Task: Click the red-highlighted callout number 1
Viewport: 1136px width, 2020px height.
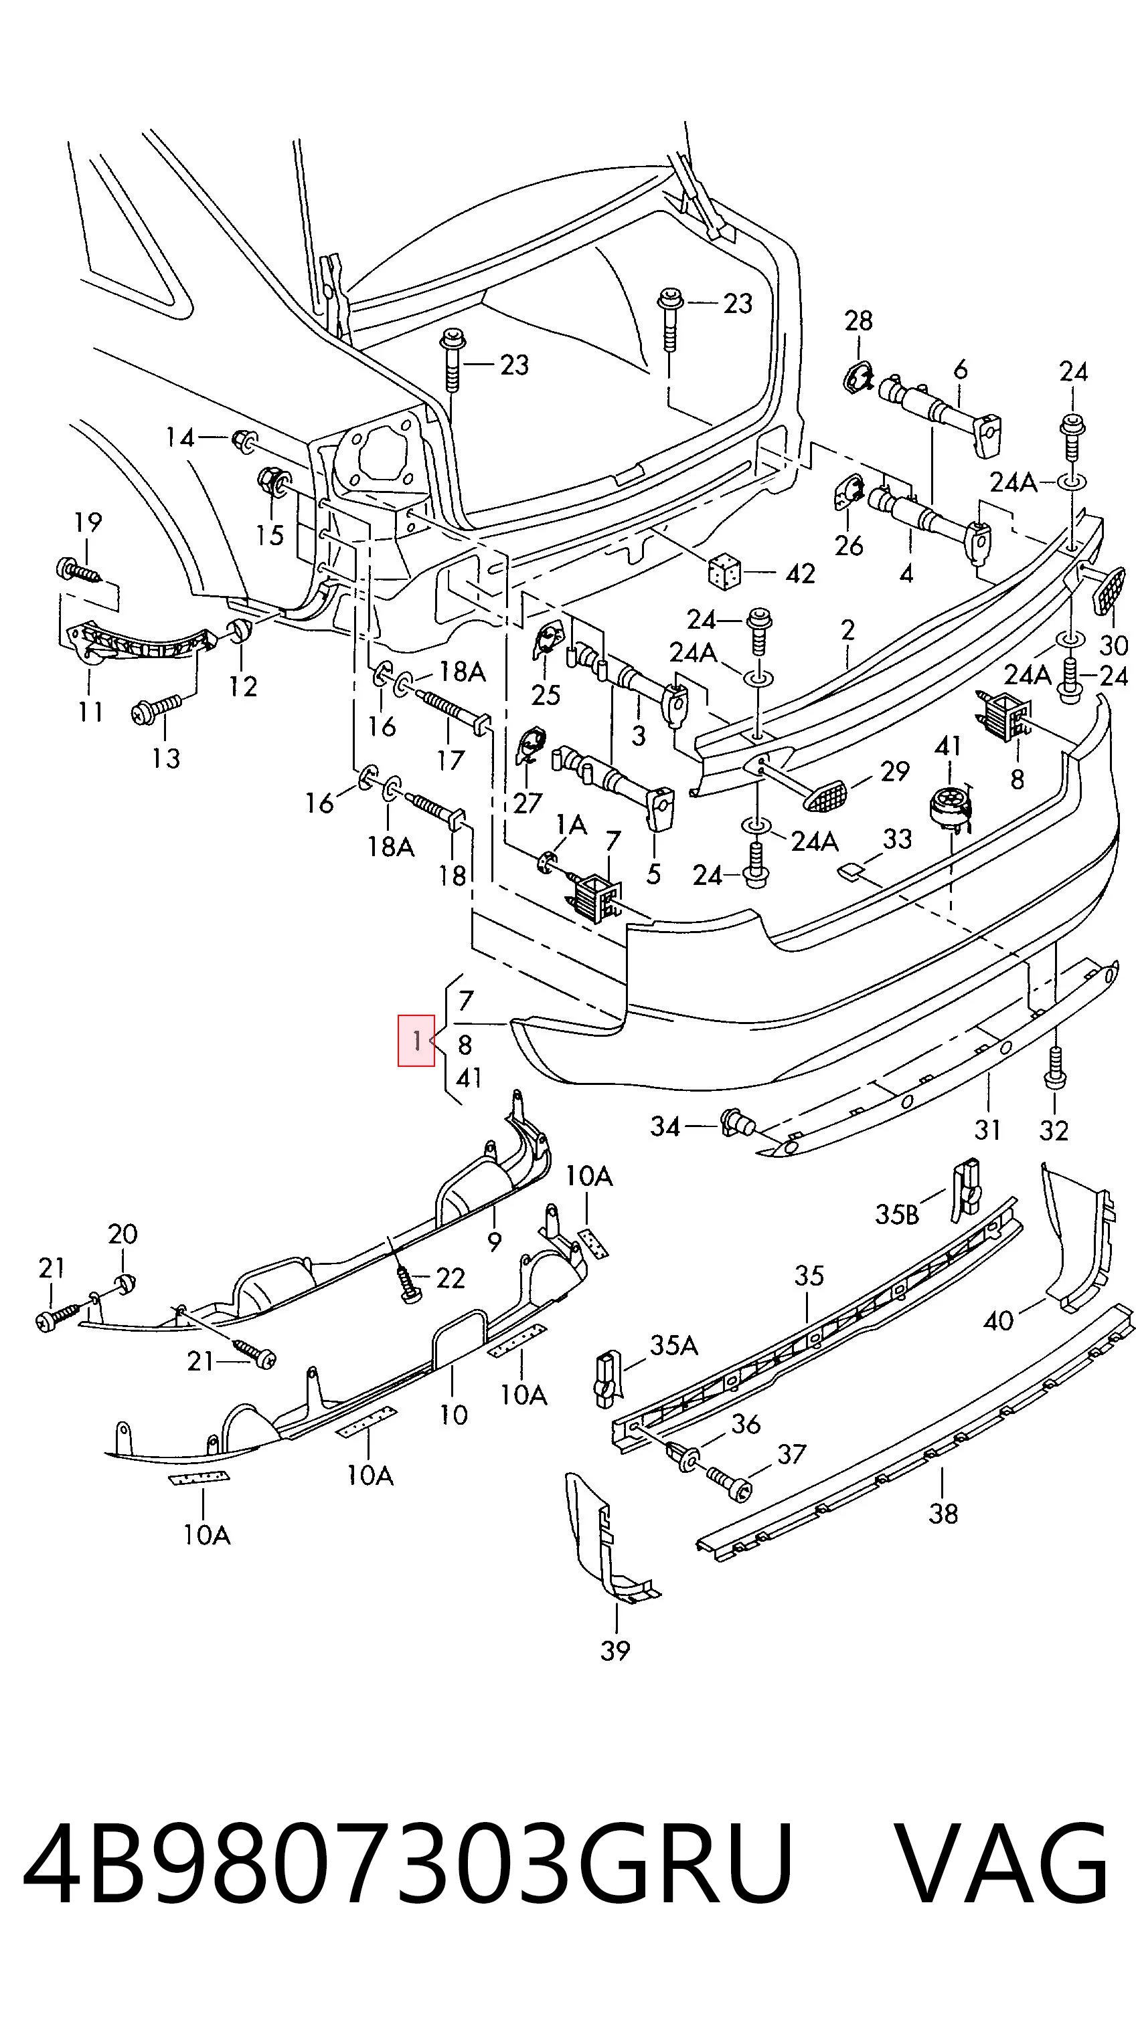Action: (416, 1041)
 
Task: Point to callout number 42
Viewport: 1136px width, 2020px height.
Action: (800, 573)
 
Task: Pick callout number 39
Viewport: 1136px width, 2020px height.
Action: (615, 1651)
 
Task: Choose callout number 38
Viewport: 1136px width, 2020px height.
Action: (943, 1535)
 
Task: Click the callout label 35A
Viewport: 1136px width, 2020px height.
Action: (674, 1346)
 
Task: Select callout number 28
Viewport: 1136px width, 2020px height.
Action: (858, 320)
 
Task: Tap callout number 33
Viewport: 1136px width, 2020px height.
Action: (897, 838)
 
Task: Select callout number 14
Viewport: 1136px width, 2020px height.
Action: (179, 437)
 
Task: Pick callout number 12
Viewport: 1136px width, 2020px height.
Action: (242, 686)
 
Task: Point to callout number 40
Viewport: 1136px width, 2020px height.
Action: (999, 1321)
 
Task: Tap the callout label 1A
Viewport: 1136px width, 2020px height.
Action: (571, 824)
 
